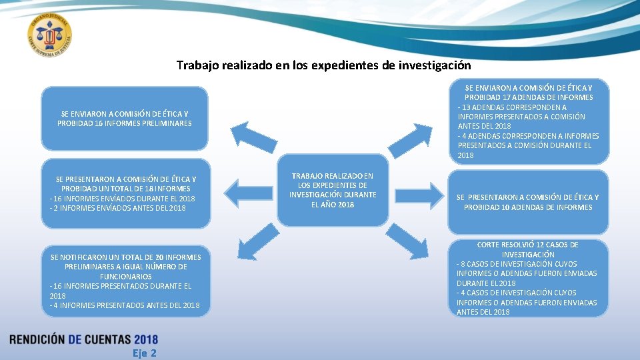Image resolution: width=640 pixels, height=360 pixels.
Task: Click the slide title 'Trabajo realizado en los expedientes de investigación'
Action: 323,65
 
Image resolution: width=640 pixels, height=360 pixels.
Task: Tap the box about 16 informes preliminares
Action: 125,118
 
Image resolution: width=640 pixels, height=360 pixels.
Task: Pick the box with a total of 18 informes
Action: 125,193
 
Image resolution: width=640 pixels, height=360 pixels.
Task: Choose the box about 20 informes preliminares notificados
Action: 125,281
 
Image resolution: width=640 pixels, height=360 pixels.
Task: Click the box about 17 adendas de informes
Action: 528,121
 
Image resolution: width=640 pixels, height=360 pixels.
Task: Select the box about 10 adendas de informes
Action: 528,202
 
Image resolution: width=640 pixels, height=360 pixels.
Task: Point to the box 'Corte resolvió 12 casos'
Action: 528,278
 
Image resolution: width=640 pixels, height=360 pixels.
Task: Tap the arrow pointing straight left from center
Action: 250,193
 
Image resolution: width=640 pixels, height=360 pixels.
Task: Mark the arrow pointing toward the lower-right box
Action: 408,243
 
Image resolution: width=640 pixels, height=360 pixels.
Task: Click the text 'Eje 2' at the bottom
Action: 144,353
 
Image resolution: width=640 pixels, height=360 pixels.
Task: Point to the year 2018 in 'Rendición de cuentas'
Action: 145,340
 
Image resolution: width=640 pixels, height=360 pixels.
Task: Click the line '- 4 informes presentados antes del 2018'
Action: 124,305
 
